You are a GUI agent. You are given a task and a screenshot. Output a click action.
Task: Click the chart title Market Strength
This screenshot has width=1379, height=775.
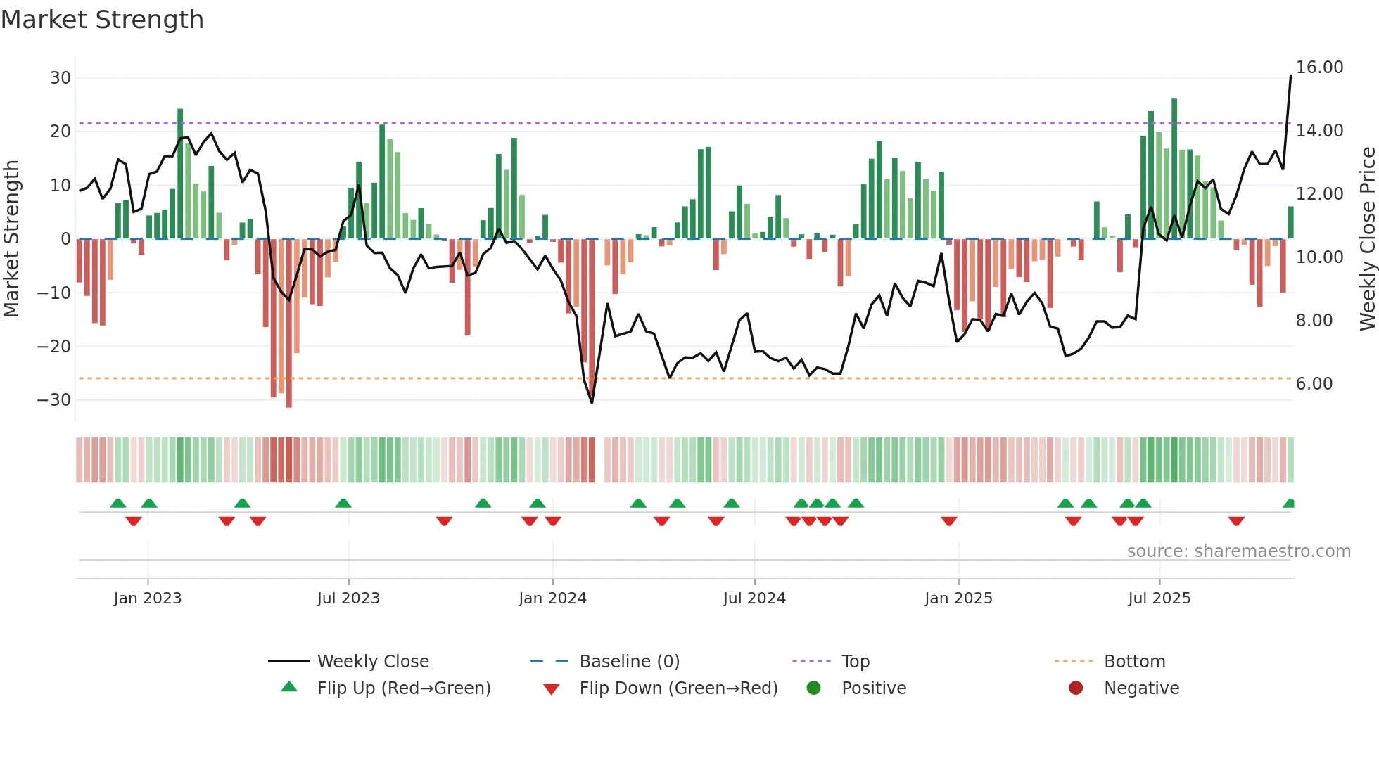102,20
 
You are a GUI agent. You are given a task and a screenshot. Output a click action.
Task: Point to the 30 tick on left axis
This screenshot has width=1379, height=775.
60,78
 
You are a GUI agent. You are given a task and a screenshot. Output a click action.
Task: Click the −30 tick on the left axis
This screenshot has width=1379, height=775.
53,400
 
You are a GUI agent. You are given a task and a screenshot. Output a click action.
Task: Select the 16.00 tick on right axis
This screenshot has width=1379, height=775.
1319,68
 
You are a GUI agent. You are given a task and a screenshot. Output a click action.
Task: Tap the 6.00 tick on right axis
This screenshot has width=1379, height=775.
1314,384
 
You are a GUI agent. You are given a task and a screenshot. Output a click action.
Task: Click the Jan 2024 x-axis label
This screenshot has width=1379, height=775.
552,598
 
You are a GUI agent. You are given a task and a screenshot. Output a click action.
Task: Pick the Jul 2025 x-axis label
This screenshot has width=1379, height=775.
1159,598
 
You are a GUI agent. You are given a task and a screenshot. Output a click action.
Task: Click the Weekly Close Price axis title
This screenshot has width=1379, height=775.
1367,239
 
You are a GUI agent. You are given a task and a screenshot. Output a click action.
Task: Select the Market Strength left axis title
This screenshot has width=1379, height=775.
11,239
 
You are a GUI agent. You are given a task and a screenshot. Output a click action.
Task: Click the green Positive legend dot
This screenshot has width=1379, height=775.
814,688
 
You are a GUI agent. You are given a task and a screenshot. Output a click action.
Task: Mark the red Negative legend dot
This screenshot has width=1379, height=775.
1076,688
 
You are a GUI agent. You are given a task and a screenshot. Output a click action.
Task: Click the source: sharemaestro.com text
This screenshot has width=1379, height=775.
1238,551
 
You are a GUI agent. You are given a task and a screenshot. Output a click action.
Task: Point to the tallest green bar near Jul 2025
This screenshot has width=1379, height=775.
1174,169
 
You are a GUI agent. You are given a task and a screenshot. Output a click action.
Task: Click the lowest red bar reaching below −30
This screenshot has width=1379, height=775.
289,324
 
